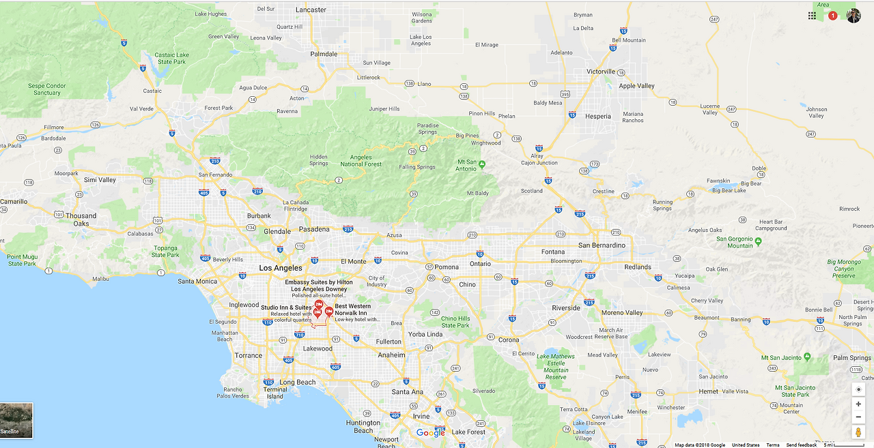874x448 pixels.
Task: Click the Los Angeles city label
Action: coord(280,268)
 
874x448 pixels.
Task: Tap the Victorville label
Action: coord(601,72)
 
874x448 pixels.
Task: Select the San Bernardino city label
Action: coord(602,245)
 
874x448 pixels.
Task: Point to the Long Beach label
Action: coord(297,383)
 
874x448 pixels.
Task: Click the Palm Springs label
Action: coord(851,358)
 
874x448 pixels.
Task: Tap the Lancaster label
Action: coord(311,10)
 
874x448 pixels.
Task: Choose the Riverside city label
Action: coord(566,308)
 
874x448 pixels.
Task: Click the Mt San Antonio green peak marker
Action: coord(482,164)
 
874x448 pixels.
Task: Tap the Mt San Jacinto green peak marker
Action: coord(807,356)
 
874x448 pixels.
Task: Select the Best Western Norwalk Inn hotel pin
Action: coord(329,312)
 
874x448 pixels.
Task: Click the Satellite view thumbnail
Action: coord(16,420)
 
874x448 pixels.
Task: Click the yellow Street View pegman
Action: coord(858,432)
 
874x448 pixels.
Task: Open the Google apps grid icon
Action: coord(812,16)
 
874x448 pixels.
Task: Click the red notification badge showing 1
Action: coord(832,16)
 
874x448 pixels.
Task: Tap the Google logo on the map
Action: coord(430,433)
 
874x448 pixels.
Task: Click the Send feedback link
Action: coord(801,445)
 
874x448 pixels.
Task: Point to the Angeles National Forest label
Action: coord(361,161)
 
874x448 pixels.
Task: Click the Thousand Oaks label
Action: coord(81,220)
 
